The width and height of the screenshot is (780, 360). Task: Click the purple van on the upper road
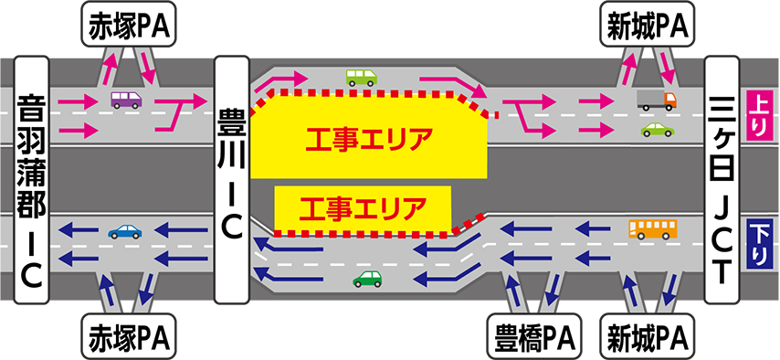tap(126, 101)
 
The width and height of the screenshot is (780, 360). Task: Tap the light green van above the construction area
tap(361, 77)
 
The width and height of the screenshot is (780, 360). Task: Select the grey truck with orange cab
tap(657, 101)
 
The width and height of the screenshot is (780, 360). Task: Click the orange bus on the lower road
tap(653, 229)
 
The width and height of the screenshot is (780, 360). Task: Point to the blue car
tap(125, 231)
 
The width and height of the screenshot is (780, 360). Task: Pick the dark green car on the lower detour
tap(367, 279)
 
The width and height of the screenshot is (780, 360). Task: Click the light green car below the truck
tap(657, 130)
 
